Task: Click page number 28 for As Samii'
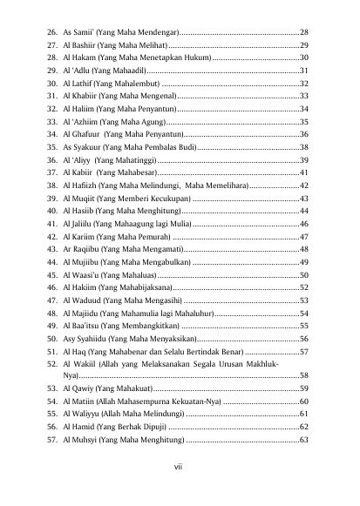click(304, 31)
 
